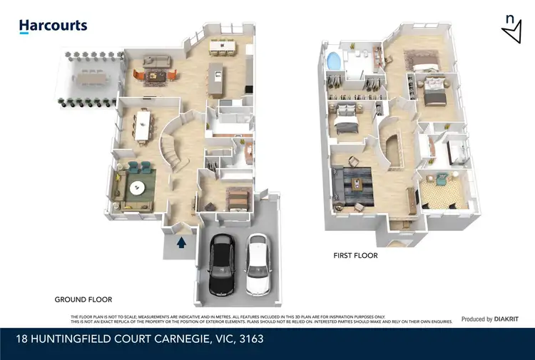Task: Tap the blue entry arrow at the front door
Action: click(181, 242)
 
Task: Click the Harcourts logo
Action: click(53, 26)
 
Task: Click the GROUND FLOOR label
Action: click(83, 299)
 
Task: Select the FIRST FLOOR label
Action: click(356, 255)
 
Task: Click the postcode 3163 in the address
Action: click(250, 339)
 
